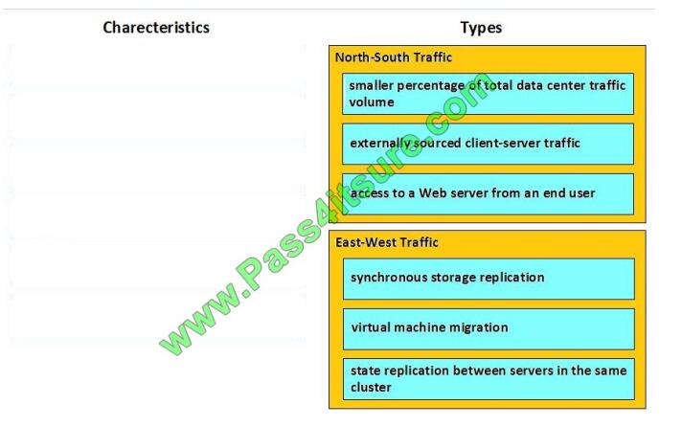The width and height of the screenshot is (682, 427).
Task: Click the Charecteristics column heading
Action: click(156, 28)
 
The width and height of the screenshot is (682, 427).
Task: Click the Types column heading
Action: click(481, 28)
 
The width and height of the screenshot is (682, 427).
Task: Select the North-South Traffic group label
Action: click(393, 57)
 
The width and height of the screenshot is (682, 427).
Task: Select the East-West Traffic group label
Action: click(387, 242)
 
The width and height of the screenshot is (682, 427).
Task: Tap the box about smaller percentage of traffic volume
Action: click(488, 94)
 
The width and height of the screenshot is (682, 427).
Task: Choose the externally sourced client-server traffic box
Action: click(488, 144)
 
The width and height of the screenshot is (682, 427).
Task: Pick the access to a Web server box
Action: click(488, 193)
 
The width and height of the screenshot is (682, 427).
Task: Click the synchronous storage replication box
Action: click(488, 278)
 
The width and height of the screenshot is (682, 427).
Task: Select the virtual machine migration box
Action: click(488, 327)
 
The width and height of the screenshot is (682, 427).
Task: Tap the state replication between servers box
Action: click(488, 378)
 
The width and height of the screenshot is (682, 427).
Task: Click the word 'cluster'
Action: click(371, 387)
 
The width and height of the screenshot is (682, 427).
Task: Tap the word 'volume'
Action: click(372, 102)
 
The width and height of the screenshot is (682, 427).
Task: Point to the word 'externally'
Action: click(381, 144)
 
